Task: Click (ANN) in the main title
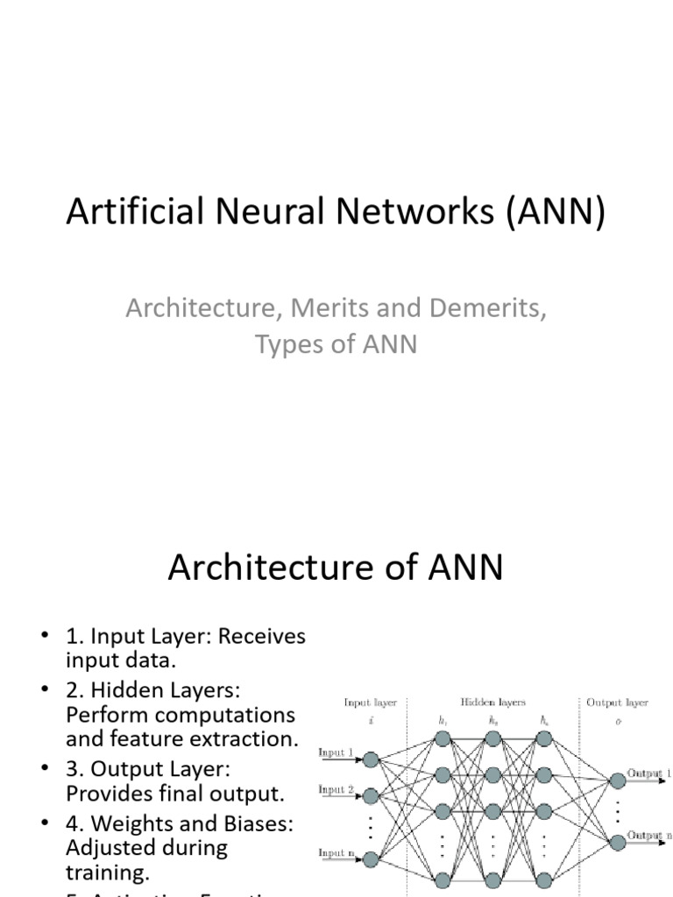tap(555, 214)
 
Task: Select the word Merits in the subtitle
tap(327, 308)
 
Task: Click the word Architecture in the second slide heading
tap(268, 568)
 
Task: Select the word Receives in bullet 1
tap(262, 636)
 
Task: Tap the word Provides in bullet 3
tap(106, 794)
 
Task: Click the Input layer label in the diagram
tap(370, 703)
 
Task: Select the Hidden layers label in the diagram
tap(492, 703)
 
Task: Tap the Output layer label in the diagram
tap(616, 703)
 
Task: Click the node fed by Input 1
tap(371, 759)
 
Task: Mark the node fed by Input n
tap(371, 860)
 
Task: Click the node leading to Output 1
tap(618, 776)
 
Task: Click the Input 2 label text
tap(336, 789)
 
